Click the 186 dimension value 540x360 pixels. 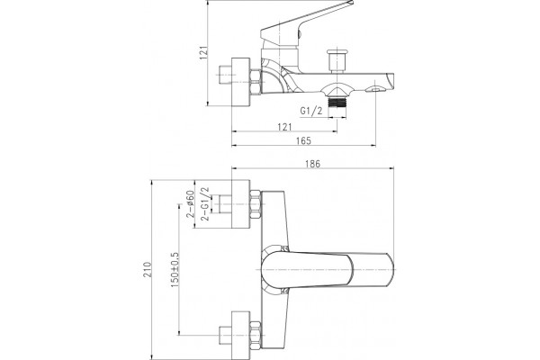pyautogui.click(x=312, y=164)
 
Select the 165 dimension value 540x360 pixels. pyautogui.click(x=303, y=140)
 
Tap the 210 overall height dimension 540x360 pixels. pyautogui.click(x=147, y=270)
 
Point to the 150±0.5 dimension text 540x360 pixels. pyautogui.click(x=175, y=270)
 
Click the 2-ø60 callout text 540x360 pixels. pyautogui.click(x=190, y=204)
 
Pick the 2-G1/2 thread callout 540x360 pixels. pyautogui.click(x=205, y=204)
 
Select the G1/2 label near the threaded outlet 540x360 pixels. pyautogui.click(x=311, y=111)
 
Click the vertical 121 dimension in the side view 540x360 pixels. pyautogui.click(x=204, y=53)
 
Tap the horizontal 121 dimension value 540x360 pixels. pyautogui.click(x=284, y=127)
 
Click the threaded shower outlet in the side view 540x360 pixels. pyautogui.click(x=337, y=103)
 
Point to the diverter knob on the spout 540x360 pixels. pyautogui.click(x=337, y=60)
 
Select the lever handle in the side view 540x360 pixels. pyautogui.click(x=303, y=24)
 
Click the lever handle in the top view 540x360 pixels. pyautogui.click(x=328, y=270)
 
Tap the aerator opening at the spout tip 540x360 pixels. pyautogui.click(x=375, y=90)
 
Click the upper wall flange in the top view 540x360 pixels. pyautogui.click(x=240, y=204)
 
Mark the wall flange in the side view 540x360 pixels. pyautogui.click(x=240, y=82)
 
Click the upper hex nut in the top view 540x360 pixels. pyautogui.click(x=256, y=204)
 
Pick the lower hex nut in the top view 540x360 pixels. pyautogui.click(x=256, y=336)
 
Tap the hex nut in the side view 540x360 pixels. pyautogui.click(x=256, y=82)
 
